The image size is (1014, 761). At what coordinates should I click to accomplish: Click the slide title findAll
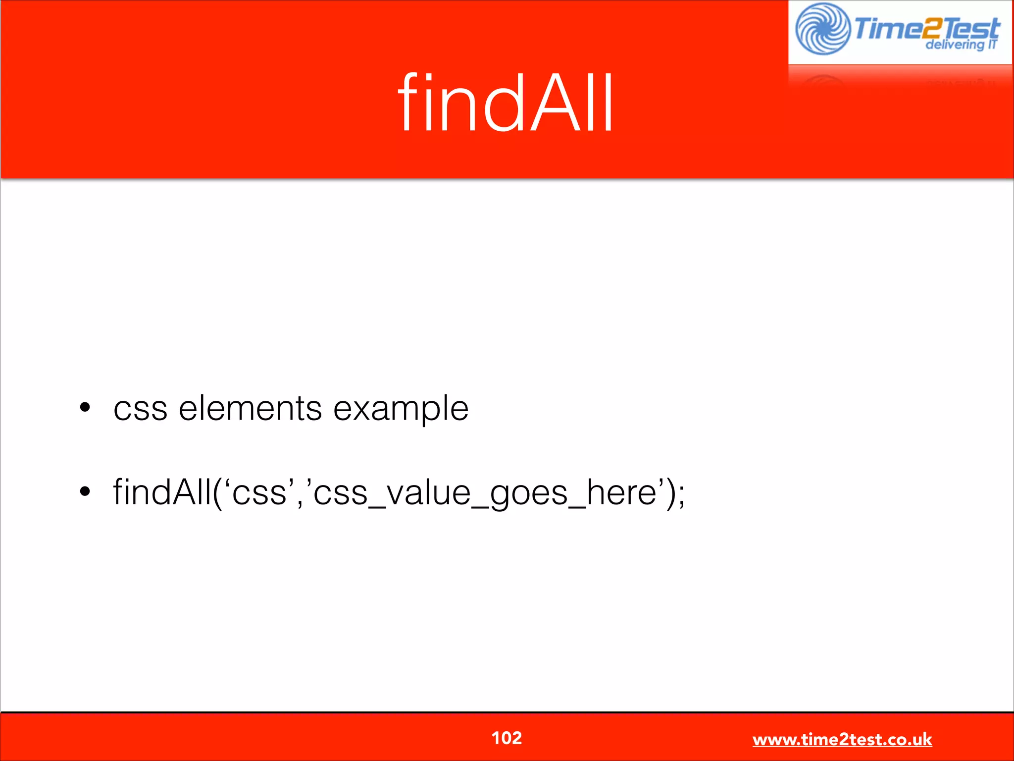(x=506, y=103)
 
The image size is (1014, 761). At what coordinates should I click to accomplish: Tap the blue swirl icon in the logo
(x=822, y=29)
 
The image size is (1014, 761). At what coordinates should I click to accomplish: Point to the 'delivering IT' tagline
(x=961, y=45)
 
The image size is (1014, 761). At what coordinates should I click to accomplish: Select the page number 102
(x=506, y=738)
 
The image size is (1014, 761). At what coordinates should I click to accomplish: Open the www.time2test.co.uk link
(x=842, y=739)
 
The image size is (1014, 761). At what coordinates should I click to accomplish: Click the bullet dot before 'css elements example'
(x=85, y=408)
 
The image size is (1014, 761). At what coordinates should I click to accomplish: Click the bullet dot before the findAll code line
(x=85, y=491)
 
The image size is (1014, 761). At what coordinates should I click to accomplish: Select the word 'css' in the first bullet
(x=140, y=409)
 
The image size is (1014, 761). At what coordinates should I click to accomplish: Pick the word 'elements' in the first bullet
(x=250, y=408)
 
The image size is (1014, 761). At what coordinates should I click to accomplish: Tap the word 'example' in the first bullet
(x=401, y=409)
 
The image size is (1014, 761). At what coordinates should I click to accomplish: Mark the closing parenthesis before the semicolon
(x=669, y=493)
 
